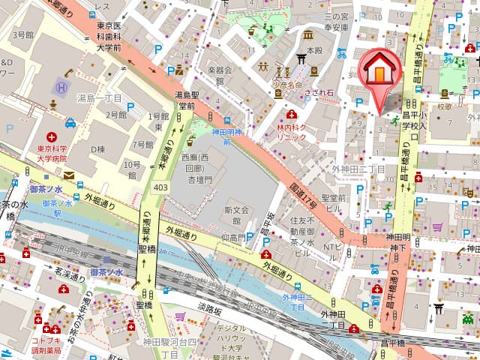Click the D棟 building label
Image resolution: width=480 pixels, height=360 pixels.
click(97, 149)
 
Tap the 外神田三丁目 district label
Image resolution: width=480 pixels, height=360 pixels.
click(358, 169)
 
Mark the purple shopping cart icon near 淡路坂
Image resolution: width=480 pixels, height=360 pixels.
click(179, 315)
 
